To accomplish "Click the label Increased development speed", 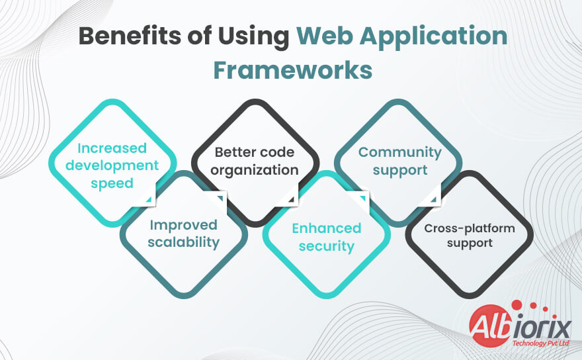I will tap(112, 165).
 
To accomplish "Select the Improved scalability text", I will tap(183, 234).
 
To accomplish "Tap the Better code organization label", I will tap(255, 161).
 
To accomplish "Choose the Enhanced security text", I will tap(327, 237).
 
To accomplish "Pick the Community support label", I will tap(399, 161).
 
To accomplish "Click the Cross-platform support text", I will tap(470, 236).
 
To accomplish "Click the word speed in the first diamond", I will tap(112, 183).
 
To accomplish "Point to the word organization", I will tap(255, 170).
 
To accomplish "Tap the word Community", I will tap(399, 152).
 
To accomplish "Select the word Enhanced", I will tap(327, 228).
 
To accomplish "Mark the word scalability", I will tap(183, 242).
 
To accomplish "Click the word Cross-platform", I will tap(470, 228).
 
